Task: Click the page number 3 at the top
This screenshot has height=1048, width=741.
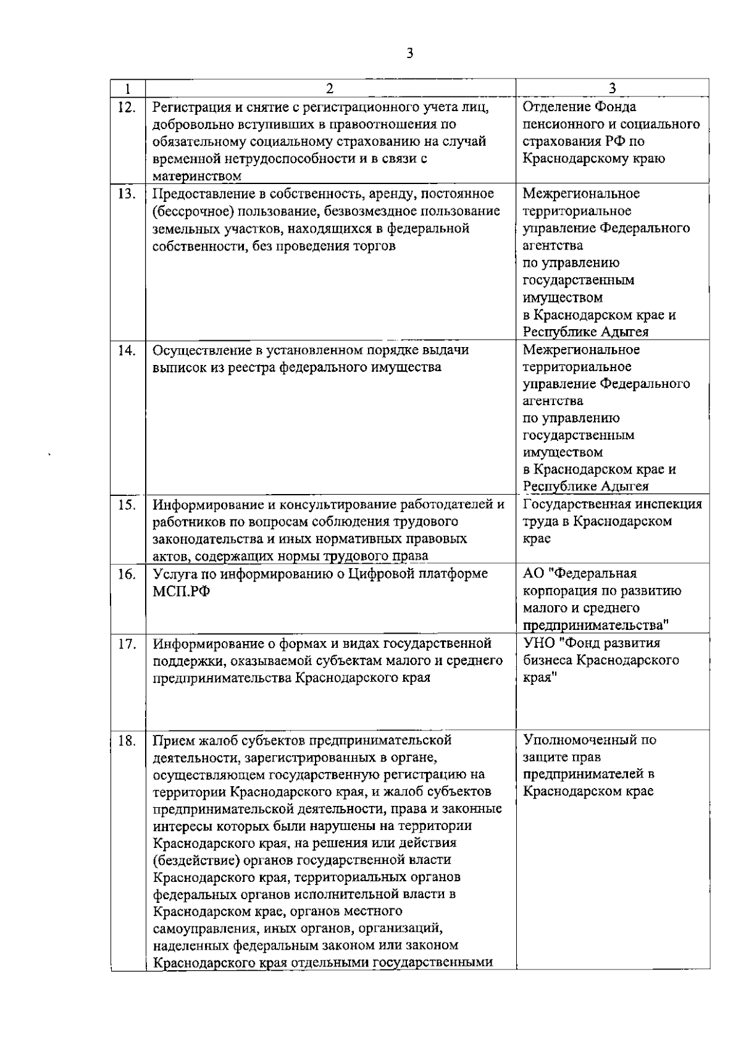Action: [409, 52]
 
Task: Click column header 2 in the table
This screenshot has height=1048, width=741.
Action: [329, 88]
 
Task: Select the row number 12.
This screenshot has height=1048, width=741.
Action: [127, 107]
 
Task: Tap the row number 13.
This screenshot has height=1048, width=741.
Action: [127, 194]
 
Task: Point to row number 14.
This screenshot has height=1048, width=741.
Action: [127, 350]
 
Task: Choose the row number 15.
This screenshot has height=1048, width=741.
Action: [127, 505]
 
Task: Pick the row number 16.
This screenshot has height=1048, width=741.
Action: [127, 574]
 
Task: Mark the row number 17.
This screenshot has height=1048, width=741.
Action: [127, 644]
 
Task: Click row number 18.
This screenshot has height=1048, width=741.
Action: [127, 740]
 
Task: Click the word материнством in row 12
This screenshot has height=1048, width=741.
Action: [196, 177]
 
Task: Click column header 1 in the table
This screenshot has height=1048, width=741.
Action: [127, 88]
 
